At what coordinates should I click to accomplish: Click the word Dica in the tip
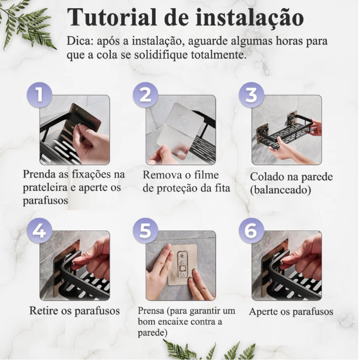79,41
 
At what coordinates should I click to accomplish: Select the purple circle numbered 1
39,95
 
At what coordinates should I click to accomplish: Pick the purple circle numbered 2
146,95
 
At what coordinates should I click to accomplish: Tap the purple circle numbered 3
251,95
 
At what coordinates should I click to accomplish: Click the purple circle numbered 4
39,230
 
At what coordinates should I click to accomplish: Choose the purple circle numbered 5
146,230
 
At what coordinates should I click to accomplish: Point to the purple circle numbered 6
251,230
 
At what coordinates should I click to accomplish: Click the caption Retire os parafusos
75,311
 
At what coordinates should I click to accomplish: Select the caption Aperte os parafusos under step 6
291,312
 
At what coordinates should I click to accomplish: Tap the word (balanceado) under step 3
281,190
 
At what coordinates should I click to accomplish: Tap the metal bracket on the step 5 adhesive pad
182,264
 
